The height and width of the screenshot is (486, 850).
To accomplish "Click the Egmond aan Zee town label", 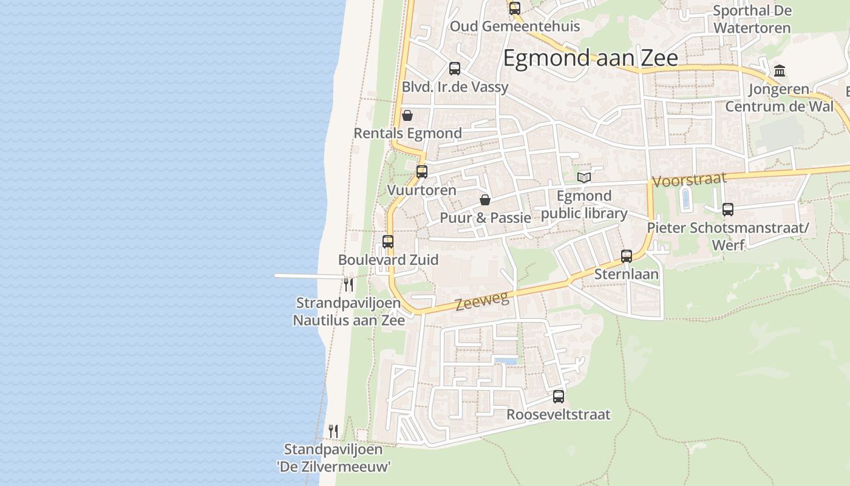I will click(590, 58).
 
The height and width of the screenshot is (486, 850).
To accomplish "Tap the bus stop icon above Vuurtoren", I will click(422, 171).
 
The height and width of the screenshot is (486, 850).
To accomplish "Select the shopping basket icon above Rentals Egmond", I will click(407, 115).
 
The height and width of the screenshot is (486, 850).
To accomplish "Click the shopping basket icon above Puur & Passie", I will click(484, 199).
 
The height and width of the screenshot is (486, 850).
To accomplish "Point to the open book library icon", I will click(584, 177).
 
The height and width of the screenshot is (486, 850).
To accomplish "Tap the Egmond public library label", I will click(584, 205).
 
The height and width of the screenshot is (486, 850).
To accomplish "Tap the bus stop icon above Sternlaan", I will click(627, 256).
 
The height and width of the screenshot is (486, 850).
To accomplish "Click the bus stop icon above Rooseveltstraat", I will click(559, 397).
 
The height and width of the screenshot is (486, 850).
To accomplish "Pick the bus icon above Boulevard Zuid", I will click(388, 241).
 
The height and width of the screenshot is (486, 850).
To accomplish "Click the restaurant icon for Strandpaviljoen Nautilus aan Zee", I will click(348, 284).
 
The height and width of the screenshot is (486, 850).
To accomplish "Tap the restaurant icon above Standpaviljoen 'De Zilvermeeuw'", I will click(333, 431).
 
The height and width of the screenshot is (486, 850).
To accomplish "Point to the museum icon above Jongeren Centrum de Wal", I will click(780, 70).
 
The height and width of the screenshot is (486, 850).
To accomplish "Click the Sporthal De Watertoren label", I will click(752, 19).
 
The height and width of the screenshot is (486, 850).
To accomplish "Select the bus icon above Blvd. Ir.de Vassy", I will click(455, 69).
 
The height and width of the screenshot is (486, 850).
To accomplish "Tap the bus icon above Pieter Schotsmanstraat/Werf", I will click(727, 210).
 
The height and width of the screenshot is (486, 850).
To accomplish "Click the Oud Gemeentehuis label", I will click(514, 27).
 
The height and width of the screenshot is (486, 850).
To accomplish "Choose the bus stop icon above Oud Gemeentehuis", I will click(515, 9).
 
